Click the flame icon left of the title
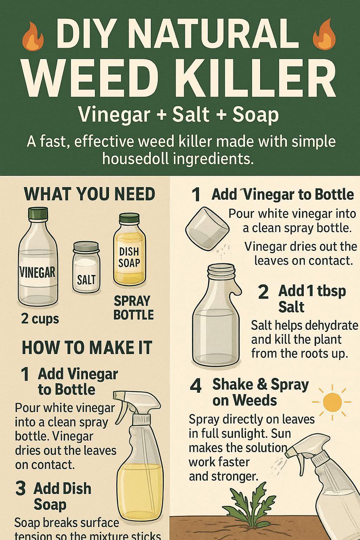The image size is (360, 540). [x=33, y=36]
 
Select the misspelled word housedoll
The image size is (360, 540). [x=135, y=159]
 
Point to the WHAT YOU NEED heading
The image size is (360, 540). [x=89, y=194]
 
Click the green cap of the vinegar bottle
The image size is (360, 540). [x=38, y=214]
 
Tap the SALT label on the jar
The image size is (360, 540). [x=86, y=279]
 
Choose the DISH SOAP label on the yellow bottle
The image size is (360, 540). [x=129, y=257]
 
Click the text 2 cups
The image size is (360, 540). [x=40, y=319]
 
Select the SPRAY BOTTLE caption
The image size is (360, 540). [x=134, y=308]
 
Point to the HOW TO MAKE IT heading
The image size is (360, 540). [x=87, y=347]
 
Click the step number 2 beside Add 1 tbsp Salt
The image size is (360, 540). [x=263, y=292]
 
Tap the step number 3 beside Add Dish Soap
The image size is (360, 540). [x=20, y=488]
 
